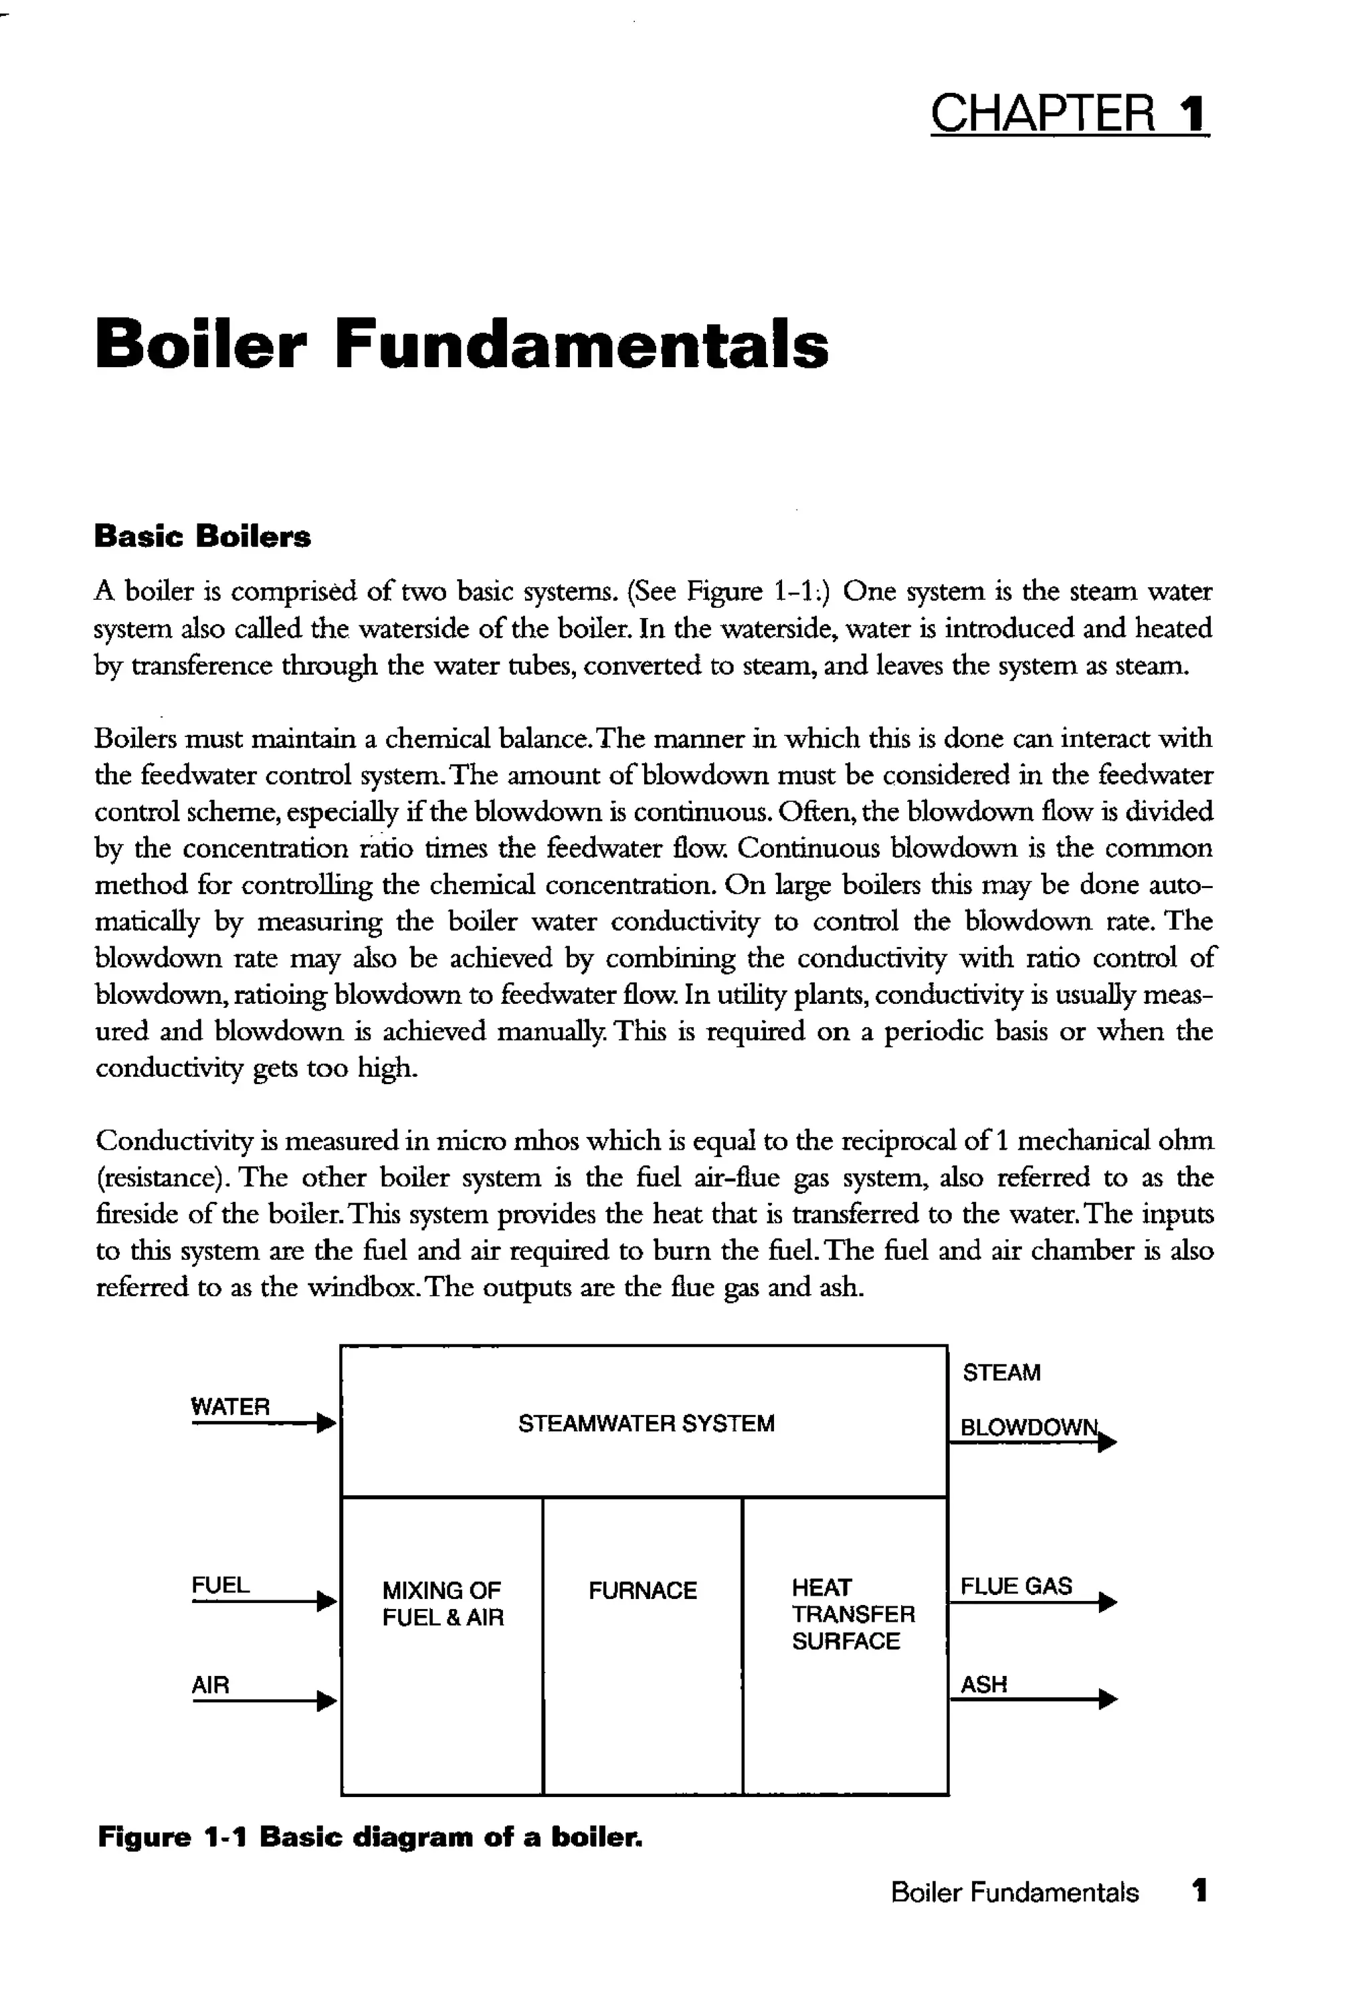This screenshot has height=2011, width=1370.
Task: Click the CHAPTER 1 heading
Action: click(1069, 113)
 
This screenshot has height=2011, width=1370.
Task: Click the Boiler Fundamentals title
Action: click(462, 344)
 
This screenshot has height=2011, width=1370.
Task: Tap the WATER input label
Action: click(229, 1407)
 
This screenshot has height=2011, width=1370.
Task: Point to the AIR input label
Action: click(210, 1685)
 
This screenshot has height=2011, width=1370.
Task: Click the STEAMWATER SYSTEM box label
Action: click(646, 1423)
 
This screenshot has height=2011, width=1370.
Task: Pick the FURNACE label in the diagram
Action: click(642, 1590)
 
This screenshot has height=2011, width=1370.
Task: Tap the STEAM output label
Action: click(1001, 1372)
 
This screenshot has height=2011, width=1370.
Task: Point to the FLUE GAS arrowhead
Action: click(1107, 1602)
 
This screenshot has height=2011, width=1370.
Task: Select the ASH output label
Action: click(984, 1684)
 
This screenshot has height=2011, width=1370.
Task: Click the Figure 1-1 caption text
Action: click(369, 1836)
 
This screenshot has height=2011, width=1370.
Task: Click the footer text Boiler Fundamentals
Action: click(1014, 1893)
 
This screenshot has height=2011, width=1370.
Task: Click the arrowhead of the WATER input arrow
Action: click(326, 1423)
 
